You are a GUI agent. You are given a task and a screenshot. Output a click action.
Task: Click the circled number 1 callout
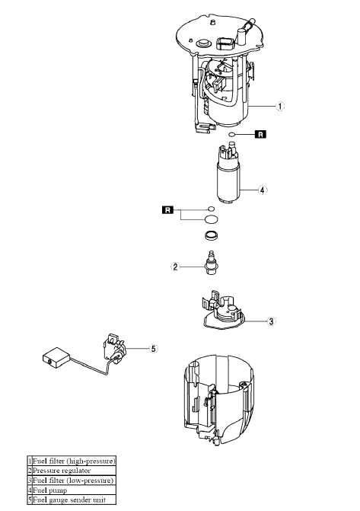pos(280,107)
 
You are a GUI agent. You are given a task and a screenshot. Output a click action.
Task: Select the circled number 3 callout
pos(271,321)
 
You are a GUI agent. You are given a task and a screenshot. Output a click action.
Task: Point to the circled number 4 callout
pos(263,190)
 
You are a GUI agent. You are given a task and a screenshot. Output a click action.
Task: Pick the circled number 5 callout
pos(153,349)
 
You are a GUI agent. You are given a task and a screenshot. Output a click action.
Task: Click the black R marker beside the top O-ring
pos(260,135)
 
